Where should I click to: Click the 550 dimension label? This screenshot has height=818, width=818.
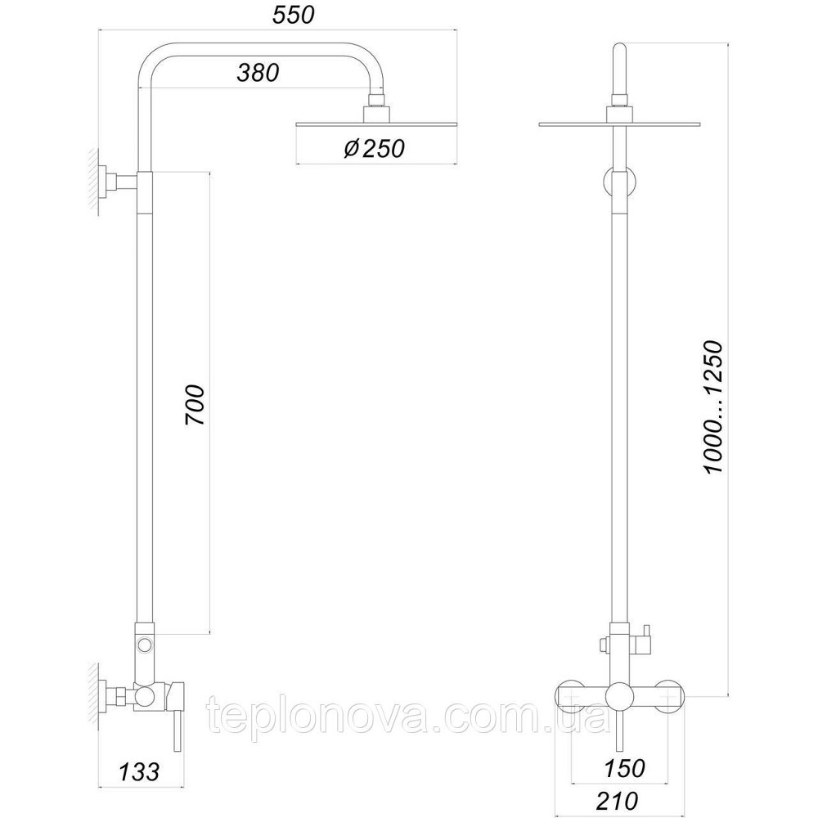pos(294,15)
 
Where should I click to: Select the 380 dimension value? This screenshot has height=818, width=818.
pos(258,73)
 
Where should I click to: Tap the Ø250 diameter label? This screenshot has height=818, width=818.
pos(374,149)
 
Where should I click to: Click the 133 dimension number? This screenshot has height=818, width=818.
pos(139,771)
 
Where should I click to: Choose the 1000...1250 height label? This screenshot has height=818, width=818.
pos(712,407)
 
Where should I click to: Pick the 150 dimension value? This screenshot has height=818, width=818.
pos(624,768)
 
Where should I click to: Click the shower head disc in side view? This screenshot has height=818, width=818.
pos(376,124)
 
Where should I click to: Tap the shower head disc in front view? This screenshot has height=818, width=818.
pos(618,124)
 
